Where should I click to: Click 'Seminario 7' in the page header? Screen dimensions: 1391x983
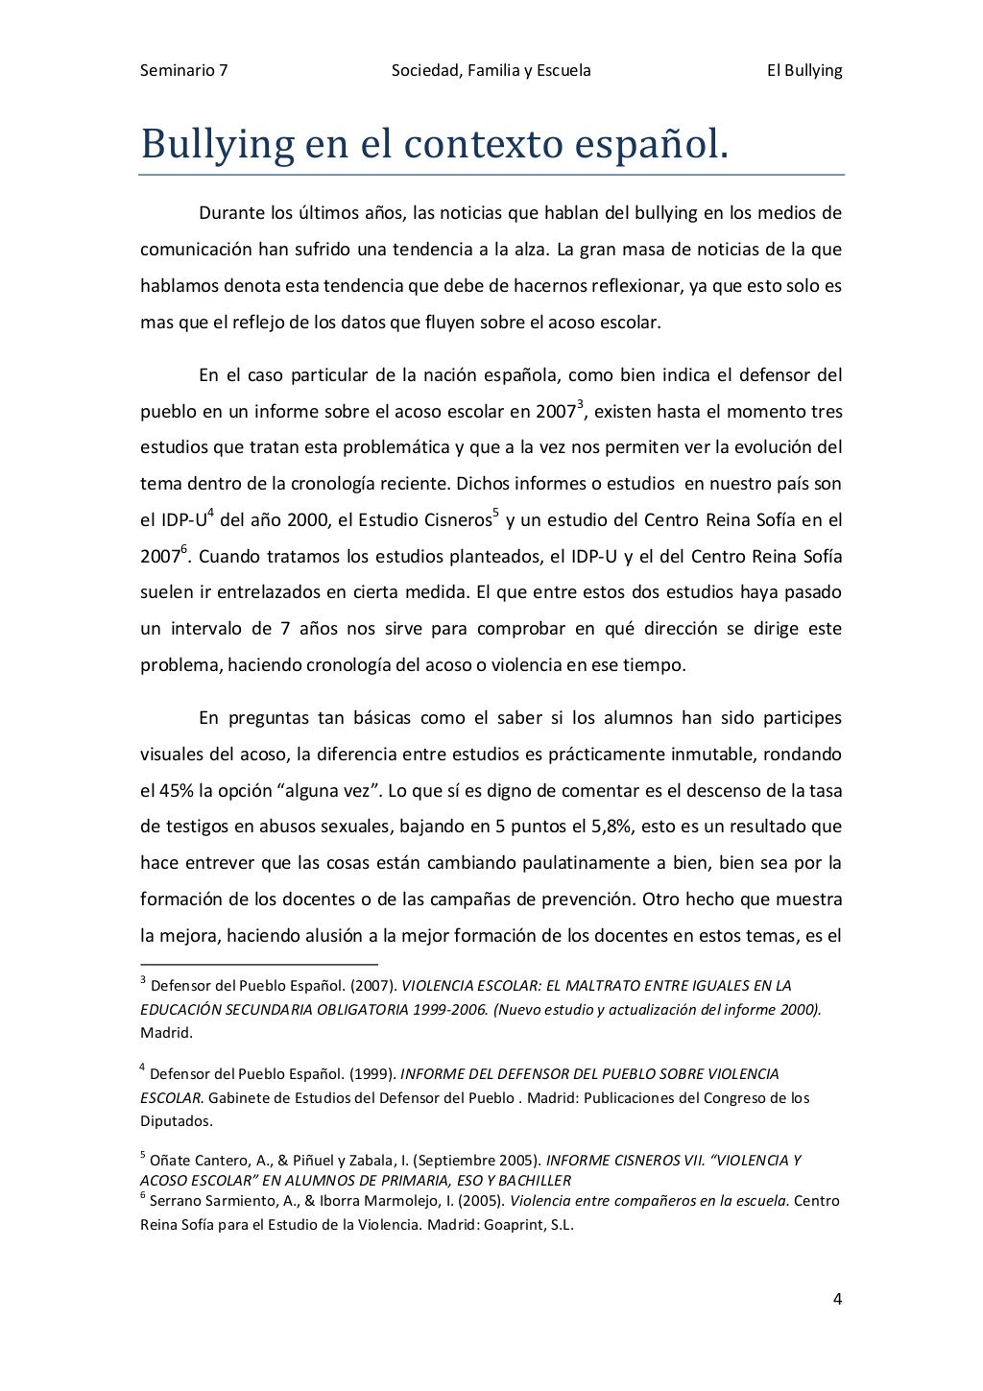coord(183,70)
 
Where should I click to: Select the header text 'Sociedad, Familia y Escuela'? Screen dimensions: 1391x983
coord(491,70)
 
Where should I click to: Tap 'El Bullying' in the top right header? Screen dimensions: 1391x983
coord(803,70)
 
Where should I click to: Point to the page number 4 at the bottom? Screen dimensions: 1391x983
coord(837,1300)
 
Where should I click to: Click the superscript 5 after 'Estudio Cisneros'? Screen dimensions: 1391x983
coord(495,515)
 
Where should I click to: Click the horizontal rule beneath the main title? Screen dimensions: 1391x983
coord(491,175)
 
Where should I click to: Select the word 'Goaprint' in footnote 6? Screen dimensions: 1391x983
coord(507,1225)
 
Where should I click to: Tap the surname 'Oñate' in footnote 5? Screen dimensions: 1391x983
coord(171,1161)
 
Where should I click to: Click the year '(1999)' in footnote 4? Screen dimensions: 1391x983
coord(371,1074)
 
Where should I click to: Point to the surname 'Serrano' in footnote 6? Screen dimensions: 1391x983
coord(177,1201)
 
